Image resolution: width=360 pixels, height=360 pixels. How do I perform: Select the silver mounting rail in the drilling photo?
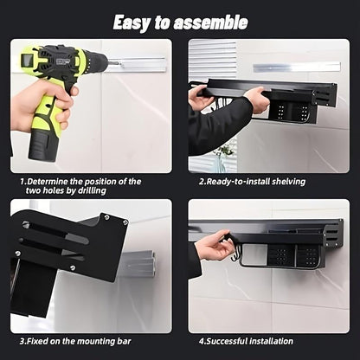(137, 64)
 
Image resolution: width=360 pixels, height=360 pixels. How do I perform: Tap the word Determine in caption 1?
(56, 181)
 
